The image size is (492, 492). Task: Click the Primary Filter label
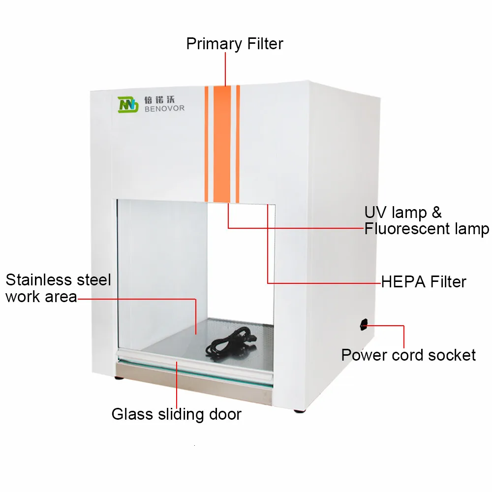click(235, 44)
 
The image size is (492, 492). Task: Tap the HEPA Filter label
click(424, 282)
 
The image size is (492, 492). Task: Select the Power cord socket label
click(408, 355)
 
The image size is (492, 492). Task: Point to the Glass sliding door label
click(176, 414)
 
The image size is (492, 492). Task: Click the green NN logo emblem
click(128, 104)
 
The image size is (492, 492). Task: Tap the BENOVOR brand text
click(164, 108)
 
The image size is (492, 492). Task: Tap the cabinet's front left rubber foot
click(120, 378)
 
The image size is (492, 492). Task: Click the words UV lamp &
click(403, 212)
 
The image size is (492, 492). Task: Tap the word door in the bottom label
click(224, 414)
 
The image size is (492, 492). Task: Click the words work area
click(41, 297)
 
